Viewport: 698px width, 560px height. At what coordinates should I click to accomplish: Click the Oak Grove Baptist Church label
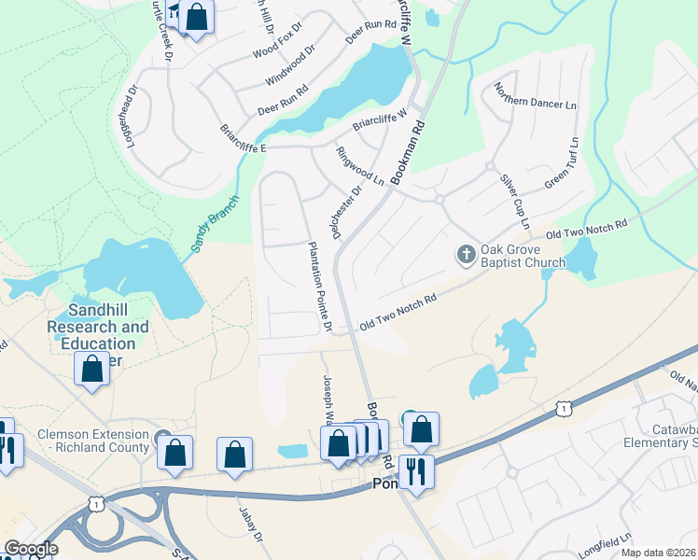pos(523,257)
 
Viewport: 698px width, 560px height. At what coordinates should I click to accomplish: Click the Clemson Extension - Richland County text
pos(93,441)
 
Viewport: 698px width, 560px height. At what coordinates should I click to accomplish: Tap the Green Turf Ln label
pos(562,164)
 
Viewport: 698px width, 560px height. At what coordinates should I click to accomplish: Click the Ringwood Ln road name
pos(360,164)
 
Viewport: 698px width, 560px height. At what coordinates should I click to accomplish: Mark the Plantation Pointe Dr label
pos(320,287)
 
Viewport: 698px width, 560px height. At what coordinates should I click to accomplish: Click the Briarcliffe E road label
pos(244,139)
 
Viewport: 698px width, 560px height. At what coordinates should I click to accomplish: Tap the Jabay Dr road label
pos(247,541)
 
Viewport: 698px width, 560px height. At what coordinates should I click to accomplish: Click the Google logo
pos(32,549)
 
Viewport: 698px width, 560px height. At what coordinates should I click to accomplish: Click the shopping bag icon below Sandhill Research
pos(92,369)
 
